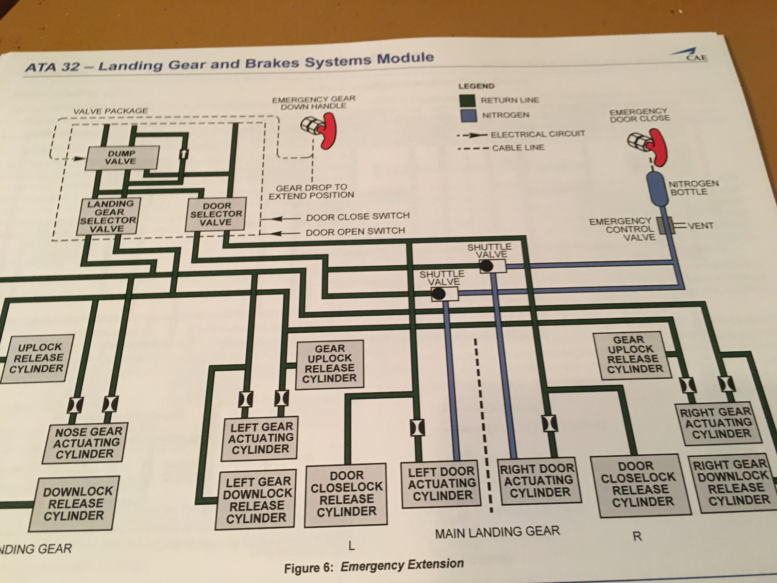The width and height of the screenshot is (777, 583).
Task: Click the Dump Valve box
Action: [x=122, y=158]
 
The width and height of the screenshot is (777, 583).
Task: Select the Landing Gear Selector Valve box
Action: [x=108, y=216]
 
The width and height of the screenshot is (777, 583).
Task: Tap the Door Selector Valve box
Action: [x=216, y=214]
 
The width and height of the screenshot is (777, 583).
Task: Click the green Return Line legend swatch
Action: [x=467, y=101]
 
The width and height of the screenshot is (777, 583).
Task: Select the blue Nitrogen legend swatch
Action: [x=468, y=116]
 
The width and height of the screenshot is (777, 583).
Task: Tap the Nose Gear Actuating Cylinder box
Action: [x=85, y=443]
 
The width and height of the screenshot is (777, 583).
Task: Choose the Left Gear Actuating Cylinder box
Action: [x=260, y=438]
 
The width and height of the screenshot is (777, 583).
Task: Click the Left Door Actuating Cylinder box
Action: [x=441, y=484]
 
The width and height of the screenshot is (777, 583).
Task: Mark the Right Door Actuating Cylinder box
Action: [x=539, y=480]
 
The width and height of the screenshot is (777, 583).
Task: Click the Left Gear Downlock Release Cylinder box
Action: [x=256, y=499]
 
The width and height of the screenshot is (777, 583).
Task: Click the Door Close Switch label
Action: [x=358, y=216]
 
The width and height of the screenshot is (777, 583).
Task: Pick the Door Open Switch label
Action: [x=355, y=232]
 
